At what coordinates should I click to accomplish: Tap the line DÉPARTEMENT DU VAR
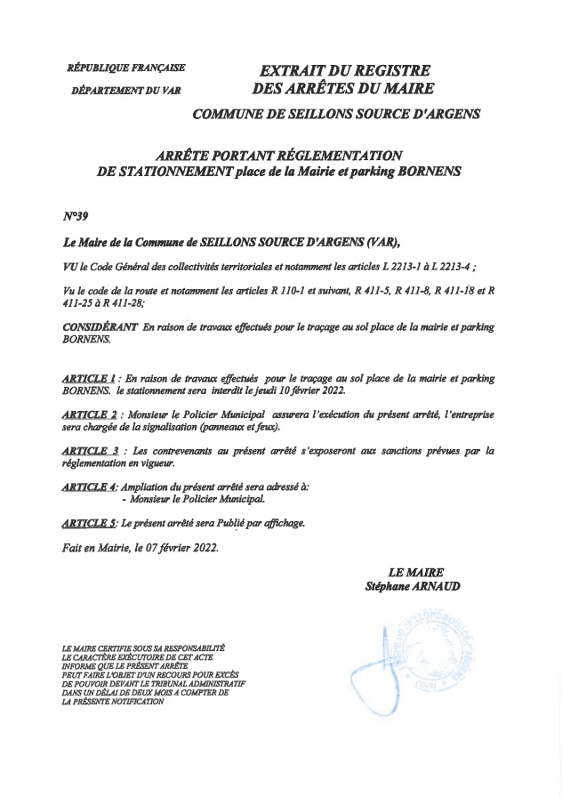pyautogui.click(x=125, y=90)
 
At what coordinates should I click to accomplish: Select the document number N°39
pyautogui.click(x=76, y=216)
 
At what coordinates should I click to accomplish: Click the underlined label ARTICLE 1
pyautogui.click(x=88, y=379)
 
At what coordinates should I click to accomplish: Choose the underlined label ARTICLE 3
pyautogui.click(x=90, y=451)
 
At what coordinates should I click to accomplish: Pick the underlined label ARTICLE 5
pyautogui.click(x=88, y=522)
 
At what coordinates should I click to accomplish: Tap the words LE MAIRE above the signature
pyautogui.click(x=415, y=573)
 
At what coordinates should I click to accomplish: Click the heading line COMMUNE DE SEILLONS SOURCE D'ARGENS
pyautogui.click(x=336, y=114)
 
